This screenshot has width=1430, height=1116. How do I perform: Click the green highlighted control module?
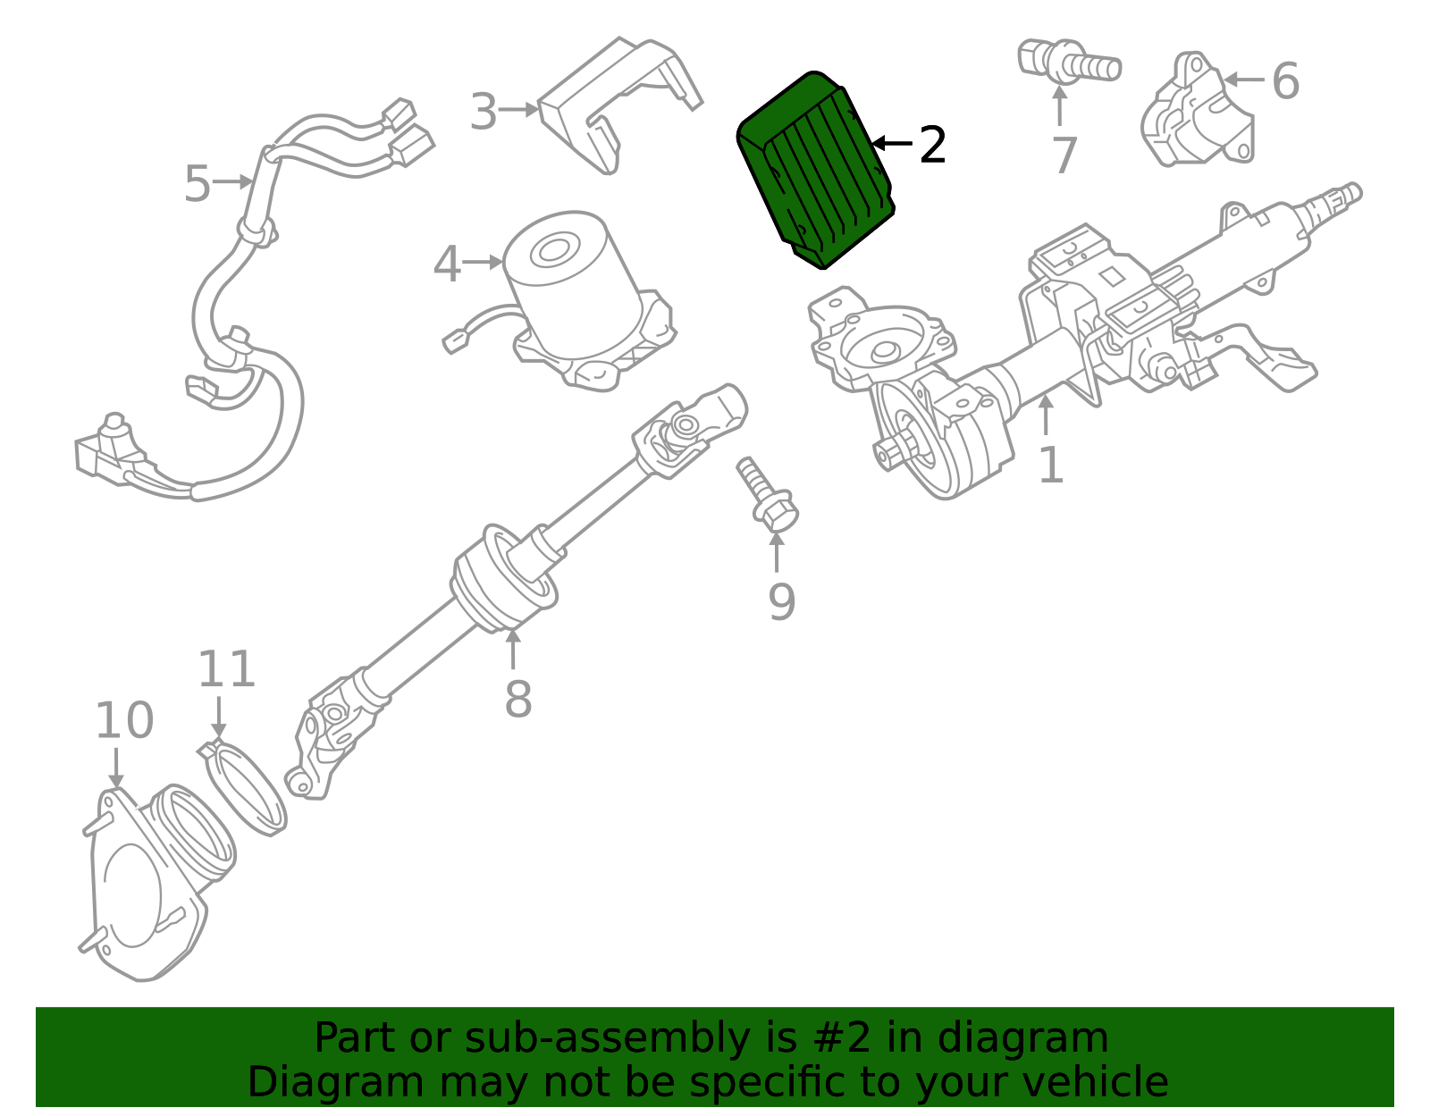[815, 170]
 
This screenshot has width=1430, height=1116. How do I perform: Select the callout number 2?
[932, 146]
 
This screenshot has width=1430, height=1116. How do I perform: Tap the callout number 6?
[1285, 81]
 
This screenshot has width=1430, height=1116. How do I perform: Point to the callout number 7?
[1064, 155]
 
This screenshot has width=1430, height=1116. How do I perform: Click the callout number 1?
[1051, 465]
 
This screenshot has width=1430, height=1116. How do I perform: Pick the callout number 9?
[782, 601]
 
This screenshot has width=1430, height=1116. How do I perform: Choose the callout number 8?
[517, 699]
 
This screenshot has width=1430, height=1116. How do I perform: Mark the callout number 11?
[226, 669]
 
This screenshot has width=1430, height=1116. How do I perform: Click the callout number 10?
[124, 720]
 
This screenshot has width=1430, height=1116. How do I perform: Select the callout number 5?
[198, 183]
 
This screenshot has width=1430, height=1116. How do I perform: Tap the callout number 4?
[447, 264]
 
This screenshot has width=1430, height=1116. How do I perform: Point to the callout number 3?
[484, 112]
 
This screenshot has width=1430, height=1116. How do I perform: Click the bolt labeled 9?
[768, 494]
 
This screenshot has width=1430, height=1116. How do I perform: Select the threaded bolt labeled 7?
[1070, 62]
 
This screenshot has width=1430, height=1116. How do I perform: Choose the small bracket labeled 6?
[1198, 111]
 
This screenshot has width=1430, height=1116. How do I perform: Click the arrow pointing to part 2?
[891, 143]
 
